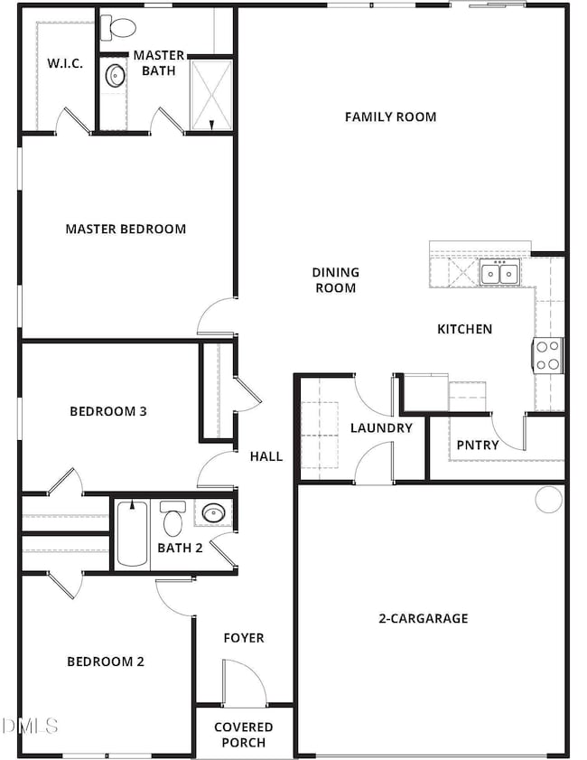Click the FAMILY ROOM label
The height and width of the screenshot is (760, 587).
point(390,117)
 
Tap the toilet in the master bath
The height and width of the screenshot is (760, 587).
point(117,28)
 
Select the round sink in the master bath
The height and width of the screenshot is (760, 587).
point(116,75)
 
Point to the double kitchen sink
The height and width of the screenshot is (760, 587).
point(499,272)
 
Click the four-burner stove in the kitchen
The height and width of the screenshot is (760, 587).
point(548,355)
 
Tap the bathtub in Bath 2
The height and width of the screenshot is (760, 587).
point(132,534)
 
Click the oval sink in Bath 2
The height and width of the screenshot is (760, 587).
point(213,512)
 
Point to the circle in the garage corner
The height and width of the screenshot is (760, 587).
point(549,499)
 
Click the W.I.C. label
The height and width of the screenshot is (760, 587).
point(65,63)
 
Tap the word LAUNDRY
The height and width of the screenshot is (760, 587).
point(381,428)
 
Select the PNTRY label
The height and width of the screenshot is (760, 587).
point(478,445)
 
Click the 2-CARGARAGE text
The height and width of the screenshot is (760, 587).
point(424,618)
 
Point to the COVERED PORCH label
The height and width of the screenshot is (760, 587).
point(244,735)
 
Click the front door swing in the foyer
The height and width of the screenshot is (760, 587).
point(244,681)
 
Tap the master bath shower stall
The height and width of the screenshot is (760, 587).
point(211,95)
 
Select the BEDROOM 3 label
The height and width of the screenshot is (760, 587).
point(108,411)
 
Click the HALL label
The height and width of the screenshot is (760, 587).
point(266,456)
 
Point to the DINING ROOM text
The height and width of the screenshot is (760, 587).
point(335,280)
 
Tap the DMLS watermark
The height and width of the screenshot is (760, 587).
point(30,726)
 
